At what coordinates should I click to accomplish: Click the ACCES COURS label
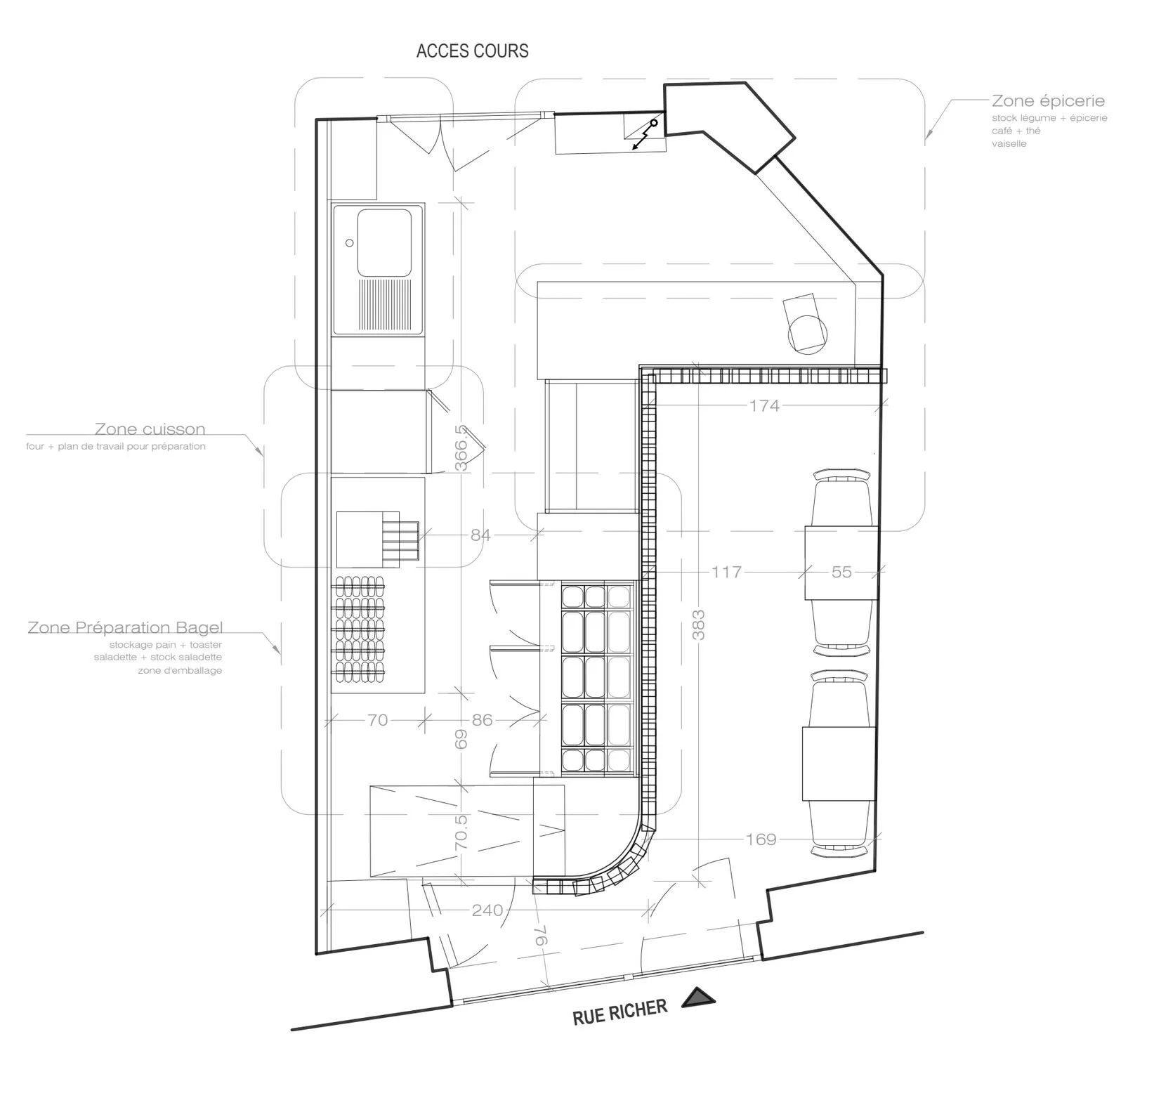click(x=472, y=51)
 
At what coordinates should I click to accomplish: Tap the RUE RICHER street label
click(x=619, y=1012)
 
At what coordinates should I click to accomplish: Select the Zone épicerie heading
click(x=1048, y=101)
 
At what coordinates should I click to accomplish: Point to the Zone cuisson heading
click(x=150, y=429)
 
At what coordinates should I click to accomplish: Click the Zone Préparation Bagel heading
click(x=125, y=627)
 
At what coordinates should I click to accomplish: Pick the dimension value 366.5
click(x=461, y=447)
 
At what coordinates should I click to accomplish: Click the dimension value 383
click(x=699, y=625)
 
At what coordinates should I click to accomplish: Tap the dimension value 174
click(x=764, y=405)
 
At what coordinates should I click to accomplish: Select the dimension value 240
click(x=487, y=910)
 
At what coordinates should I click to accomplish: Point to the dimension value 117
click(x=726, y=572)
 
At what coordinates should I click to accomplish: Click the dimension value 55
click(x=841, y=572)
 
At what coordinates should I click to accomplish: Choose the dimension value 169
click(x=761, y=839)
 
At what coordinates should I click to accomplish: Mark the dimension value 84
click(x=480, y=535)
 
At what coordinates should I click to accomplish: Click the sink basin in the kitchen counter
click(x=384, y=242)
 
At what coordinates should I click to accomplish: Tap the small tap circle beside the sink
click(x=349, y=243)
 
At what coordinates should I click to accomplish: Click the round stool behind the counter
click(x=807, y=334)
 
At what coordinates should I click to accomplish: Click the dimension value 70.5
click(x=461, y=832)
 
